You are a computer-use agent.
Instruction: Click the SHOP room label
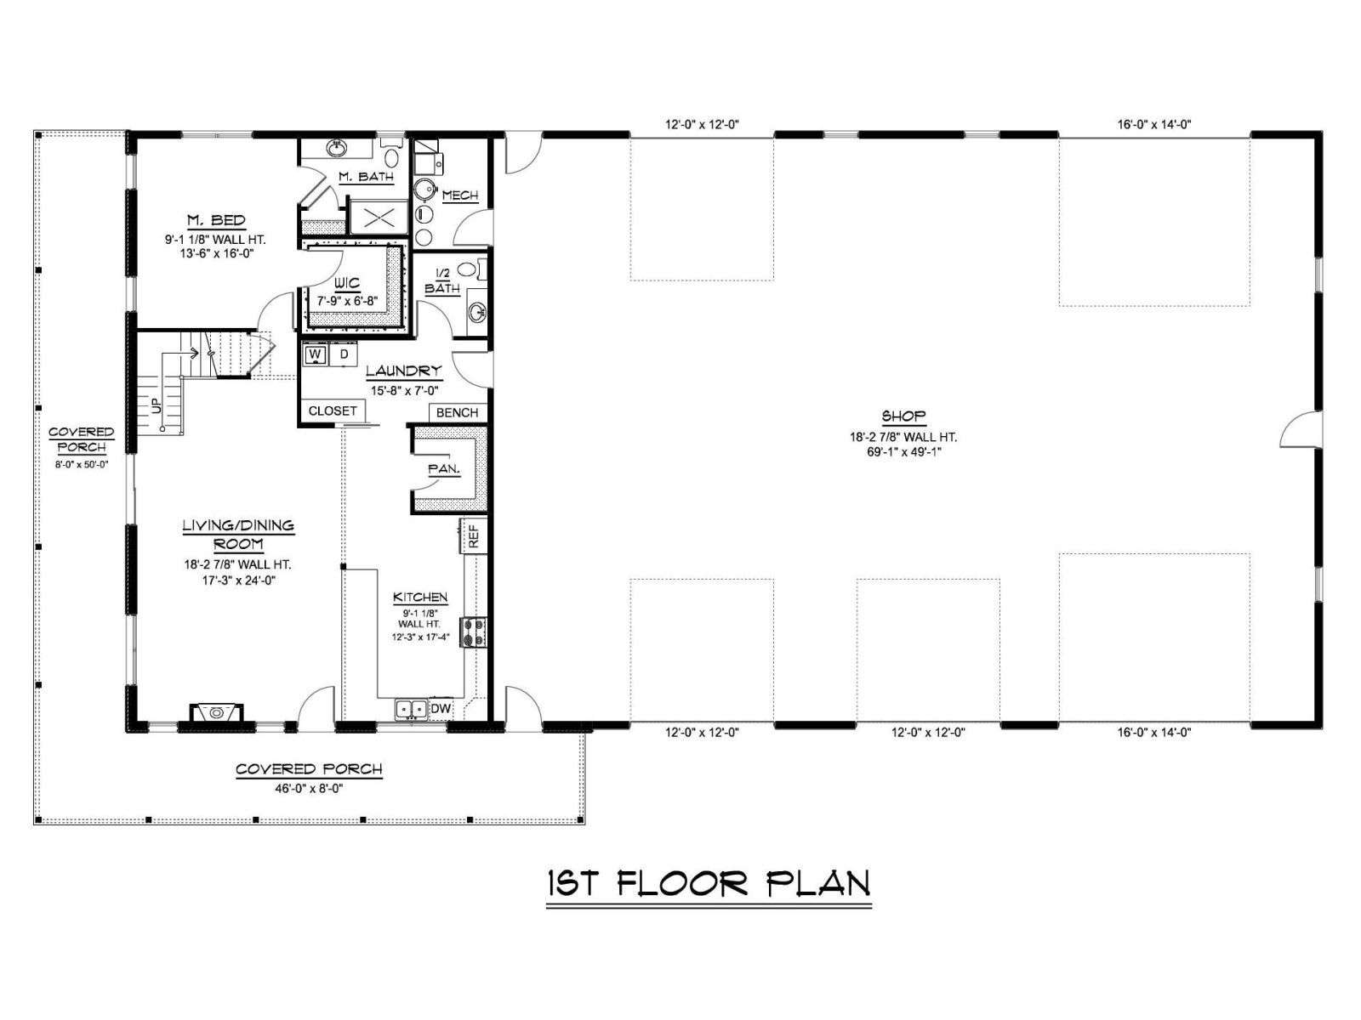pos(903,416)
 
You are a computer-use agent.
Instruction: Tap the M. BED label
pos(216,220)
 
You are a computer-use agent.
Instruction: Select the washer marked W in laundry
pos(316,354)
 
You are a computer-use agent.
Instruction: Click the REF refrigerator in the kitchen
pos(473,536)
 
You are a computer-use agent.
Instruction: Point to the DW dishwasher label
pos(441,709)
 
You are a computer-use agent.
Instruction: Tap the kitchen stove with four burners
pos(473,632)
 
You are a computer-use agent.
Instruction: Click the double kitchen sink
pos(411,709)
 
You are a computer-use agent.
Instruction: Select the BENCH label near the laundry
pos(457,412)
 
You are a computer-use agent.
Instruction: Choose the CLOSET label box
pos(333,411)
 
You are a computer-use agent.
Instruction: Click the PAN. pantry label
pos(444,469)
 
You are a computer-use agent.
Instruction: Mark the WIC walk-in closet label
pos(346,284)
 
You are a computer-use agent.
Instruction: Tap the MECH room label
pos(460,195)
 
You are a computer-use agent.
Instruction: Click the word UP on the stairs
pos(156,405)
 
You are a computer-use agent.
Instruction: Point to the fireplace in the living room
pos(216,713)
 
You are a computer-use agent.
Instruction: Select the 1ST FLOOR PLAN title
pos(709,884)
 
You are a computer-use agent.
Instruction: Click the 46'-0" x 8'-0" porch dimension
pos(309,789)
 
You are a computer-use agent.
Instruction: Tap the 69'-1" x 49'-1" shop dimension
pos(903,452)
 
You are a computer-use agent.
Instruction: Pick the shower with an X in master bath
pos(379,218)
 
